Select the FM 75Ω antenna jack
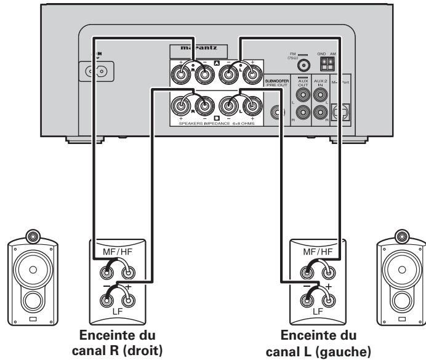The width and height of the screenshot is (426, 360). click(x=303, y=67)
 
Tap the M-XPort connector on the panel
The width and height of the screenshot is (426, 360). click(x=340, y=111)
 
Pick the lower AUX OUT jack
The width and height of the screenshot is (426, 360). click(x=302, y=111)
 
